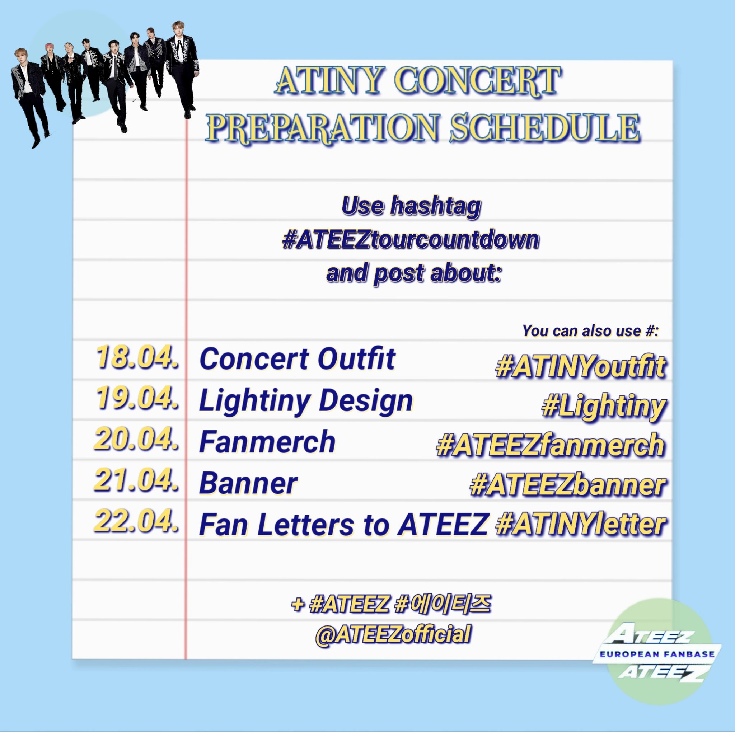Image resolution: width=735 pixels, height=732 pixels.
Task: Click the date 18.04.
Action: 137,358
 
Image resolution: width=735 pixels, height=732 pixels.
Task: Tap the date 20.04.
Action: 136,439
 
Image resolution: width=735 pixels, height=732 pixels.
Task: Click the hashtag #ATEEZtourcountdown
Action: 411,240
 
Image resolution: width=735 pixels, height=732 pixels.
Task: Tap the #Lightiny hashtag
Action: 604,407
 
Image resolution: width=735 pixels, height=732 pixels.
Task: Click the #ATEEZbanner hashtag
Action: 568,486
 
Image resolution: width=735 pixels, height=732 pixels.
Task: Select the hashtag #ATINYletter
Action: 581,525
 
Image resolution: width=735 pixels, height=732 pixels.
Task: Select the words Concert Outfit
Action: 297,359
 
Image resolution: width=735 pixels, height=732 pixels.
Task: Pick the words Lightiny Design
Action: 306,400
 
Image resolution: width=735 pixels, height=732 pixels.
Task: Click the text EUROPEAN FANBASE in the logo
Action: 657,654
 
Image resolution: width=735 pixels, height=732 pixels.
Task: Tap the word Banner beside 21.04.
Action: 248,484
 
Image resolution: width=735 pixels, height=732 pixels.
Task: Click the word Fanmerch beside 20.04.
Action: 267,442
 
